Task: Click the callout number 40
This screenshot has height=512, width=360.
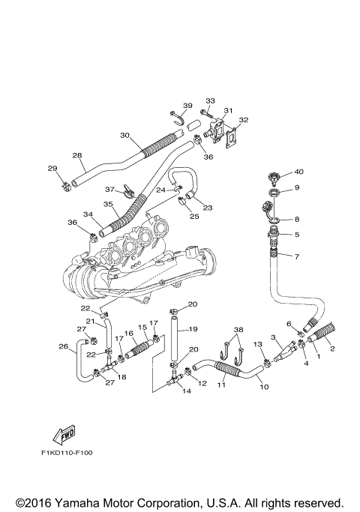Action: click(298, 172)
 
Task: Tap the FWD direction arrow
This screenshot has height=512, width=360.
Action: click(64, 434)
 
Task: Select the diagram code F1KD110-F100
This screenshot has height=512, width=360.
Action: click(67, 453)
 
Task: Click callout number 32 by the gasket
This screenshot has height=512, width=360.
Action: click(244, 120)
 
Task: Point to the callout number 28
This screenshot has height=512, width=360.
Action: click(77, 155)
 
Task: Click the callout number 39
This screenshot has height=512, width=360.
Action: click(187, 106)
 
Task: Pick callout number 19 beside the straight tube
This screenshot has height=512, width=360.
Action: click(193, 329)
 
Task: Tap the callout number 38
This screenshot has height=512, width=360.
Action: click(238, 330)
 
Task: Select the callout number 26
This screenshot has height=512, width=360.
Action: click(64, 346)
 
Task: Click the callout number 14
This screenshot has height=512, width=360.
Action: click(186, 391)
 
